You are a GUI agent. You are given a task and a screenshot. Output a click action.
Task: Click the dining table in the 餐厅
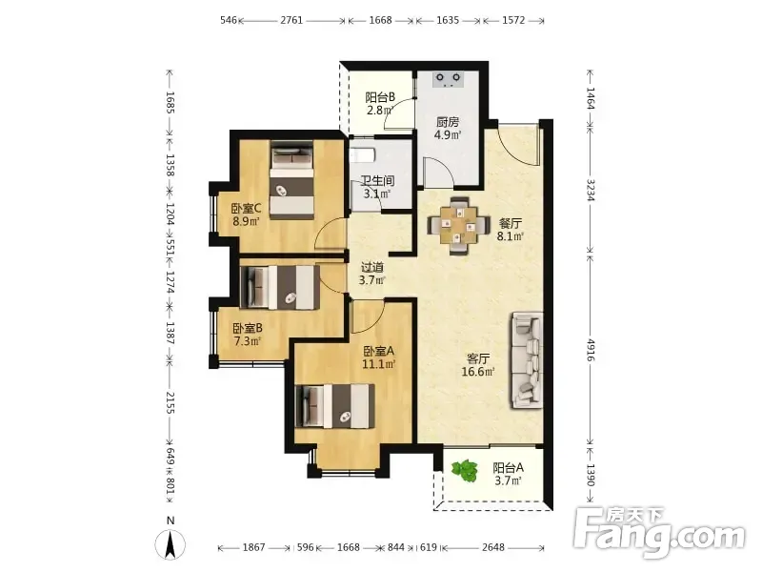(x=458, y=225)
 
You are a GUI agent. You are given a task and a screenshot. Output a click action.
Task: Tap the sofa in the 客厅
(x=527, y=361)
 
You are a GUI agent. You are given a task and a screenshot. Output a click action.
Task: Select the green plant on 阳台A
(x=465, y=470)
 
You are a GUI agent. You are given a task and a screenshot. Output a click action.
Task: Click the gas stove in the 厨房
(x=449, y=79)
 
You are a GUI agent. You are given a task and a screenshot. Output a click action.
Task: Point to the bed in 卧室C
(x=291, y=180)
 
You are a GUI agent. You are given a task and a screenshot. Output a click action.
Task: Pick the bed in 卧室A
(x=335, y=406)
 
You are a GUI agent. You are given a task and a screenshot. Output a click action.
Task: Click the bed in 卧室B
(x=280, y=287)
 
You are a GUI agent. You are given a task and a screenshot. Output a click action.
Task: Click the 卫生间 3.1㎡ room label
(x=377, y=187)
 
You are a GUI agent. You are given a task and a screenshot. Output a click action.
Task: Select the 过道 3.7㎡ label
(x=371, y=274)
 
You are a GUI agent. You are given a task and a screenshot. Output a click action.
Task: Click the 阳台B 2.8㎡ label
(x=380, y=104)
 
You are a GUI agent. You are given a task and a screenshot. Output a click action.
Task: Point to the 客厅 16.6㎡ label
(x=478, y=365)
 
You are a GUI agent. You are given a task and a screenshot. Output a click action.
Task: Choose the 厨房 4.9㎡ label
(x=448, y=128)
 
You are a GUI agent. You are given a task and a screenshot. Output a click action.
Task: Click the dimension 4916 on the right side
(x=591, y=350)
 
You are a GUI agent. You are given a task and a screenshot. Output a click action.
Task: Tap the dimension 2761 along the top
(x=291, y=20)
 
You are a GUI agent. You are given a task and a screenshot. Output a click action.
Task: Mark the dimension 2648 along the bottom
(x=493, y=547)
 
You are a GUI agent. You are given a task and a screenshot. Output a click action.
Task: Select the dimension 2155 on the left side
(x=170, y=402)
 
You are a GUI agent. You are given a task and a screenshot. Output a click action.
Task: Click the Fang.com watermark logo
(x=659, y=533)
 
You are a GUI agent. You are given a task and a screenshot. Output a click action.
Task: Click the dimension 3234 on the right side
(x=591, y=190)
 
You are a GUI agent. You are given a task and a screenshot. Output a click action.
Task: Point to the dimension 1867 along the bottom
(x=253, y=547)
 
